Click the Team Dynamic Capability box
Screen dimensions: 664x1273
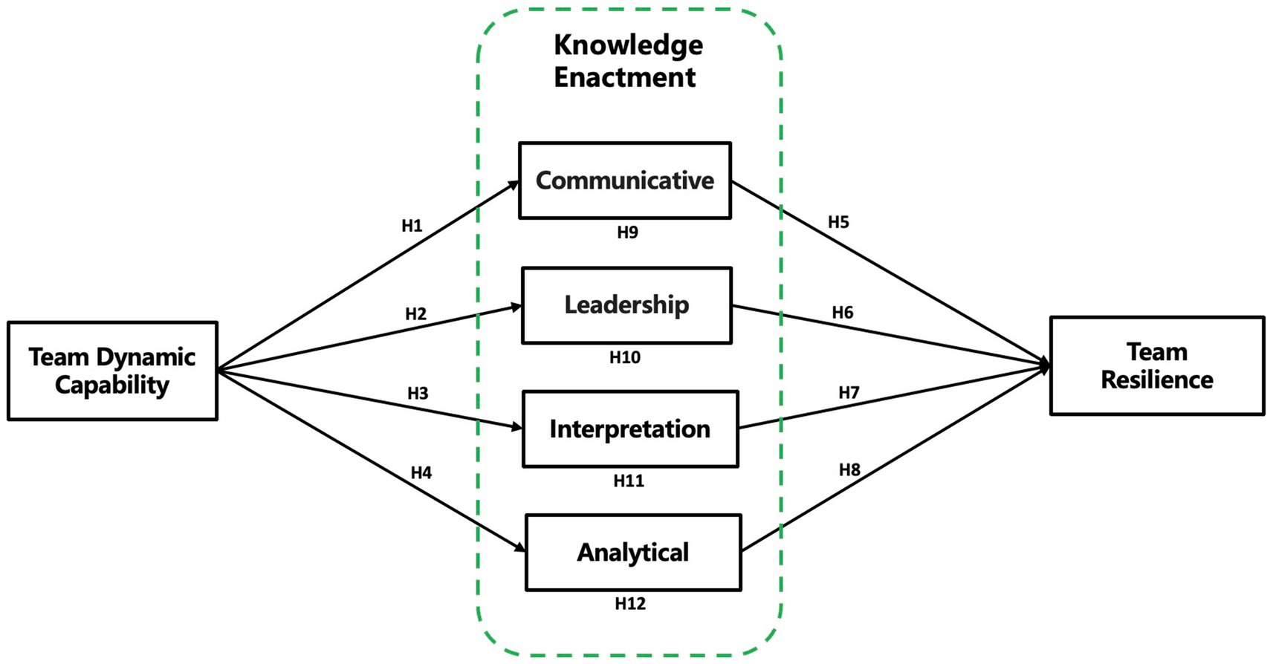(x=112, y=371)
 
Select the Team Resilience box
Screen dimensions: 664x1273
(x=1156, y=365)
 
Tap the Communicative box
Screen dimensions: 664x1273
(x=624, y=180)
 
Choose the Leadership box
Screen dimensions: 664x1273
(x=626, y=305)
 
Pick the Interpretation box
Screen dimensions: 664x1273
(x=630, y=429)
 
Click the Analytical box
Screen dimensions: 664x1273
(x=633, y=553)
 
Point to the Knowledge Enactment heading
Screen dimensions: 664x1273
(x=627, y=61)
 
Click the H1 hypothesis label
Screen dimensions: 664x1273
(x=412, y=226)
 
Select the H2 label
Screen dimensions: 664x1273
(x=415, y=314)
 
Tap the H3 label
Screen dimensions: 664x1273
(x=418, y=394)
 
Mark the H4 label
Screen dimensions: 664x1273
(x=421, y=473)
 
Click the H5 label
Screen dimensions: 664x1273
(x=838, y=222)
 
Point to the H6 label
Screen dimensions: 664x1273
(x=842, y=313)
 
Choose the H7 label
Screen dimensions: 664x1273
(x=849, y=393)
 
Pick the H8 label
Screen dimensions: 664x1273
(x=849, y=470)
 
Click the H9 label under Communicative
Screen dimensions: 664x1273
(x=627, y=232)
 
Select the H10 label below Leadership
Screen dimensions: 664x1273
(x=624, y=358)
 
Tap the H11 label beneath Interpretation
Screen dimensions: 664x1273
(x=628, y=481)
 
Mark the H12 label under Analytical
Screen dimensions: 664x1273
(x=629, y=604)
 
